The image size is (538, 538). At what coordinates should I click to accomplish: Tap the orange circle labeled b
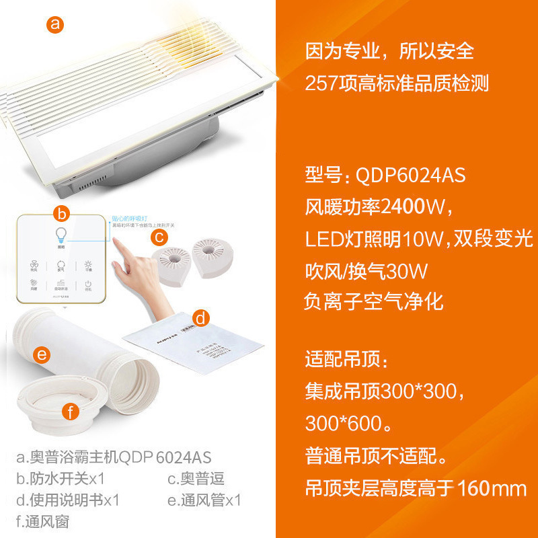click(62, 214)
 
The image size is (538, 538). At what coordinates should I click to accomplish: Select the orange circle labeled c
click(159, 236)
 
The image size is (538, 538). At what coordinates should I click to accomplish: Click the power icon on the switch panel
click(88, 285)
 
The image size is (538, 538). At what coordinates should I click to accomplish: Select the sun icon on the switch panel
click(88, 265)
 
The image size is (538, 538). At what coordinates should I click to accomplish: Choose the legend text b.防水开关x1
click(60, 479)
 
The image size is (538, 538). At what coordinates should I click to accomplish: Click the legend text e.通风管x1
click(204, 500)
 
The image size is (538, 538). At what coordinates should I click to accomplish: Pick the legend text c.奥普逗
click(196, 479)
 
